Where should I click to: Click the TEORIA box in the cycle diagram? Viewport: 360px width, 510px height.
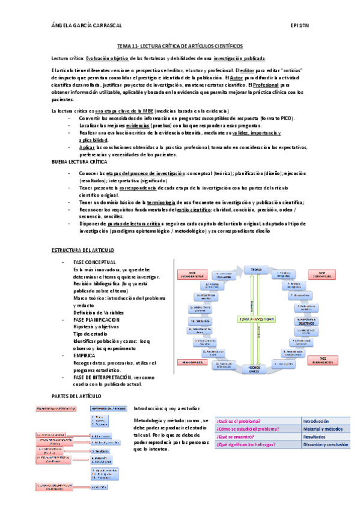257,269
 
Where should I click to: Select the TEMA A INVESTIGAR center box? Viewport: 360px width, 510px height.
257,318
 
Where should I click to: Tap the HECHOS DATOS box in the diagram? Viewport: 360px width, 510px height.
257,369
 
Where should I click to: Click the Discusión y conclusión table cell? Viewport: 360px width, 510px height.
325,444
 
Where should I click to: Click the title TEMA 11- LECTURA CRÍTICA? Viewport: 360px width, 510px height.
180,46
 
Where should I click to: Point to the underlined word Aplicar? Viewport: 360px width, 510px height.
87,147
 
